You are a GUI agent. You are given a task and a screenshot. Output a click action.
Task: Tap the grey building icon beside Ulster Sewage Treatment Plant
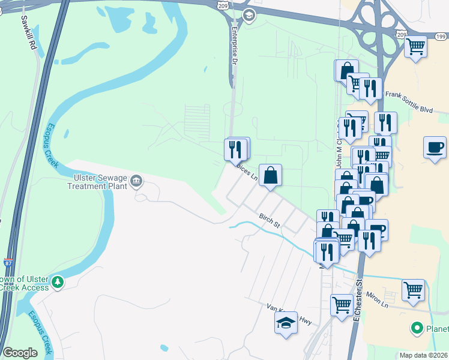[136, 180]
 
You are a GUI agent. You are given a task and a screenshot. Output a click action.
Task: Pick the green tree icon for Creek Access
[57, 281]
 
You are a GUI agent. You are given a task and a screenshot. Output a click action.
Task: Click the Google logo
[20, 353]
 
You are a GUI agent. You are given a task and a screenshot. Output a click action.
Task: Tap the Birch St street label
[270, 220]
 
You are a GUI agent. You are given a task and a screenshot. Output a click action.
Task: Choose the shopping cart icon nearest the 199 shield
[415, 47]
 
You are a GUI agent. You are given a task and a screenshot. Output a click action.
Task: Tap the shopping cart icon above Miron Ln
[413, 290]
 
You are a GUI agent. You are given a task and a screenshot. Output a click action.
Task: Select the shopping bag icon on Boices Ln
[271, 176]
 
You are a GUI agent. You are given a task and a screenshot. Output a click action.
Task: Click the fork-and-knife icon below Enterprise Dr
[236, 148]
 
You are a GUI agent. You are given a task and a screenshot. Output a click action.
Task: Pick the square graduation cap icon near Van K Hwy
[286, 324]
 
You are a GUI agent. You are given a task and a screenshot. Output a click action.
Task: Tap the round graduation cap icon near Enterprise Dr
[247, 14]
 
